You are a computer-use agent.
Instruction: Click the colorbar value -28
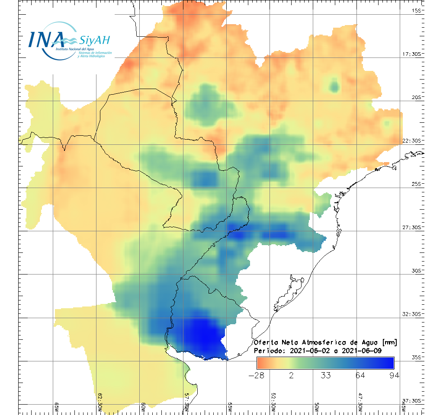(257, 375)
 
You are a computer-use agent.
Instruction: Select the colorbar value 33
(325, 375)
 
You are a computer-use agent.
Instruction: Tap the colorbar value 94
(394, 375)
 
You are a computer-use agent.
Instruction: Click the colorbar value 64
(360, 375)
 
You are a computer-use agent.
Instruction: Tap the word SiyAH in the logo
(94, 40)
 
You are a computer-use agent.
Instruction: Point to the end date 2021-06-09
(361, 351)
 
